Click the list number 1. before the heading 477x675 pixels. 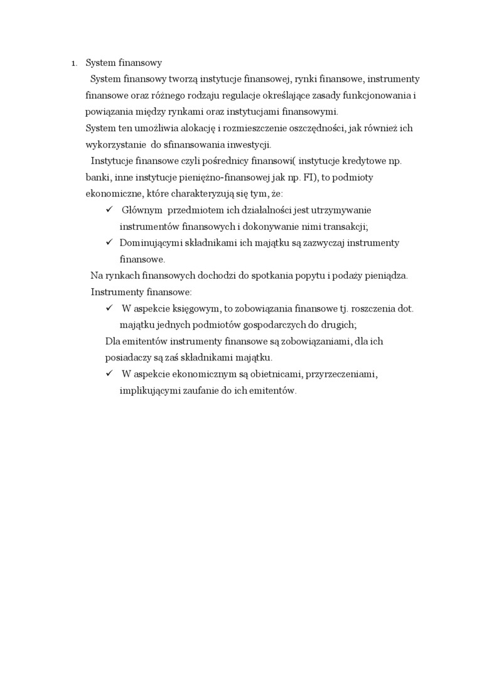point(73,63)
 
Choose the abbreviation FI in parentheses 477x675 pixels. point(312,178)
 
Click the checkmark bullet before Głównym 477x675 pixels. point(109,210)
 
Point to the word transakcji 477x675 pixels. point(345,226)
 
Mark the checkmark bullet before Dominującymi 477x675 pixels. point(109,242)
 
